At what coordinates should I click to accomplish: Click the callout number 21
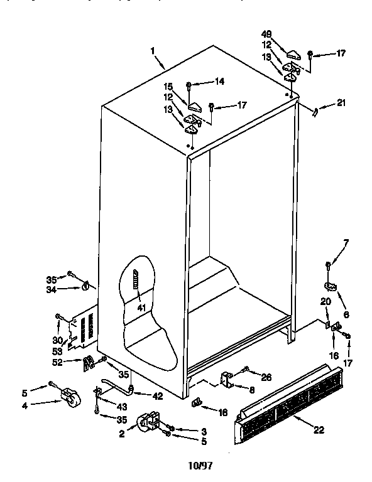pyautogui.click(x=341, y=103)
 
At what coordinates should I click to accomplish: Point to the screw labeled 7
pyautogui.click(x=329, y=265)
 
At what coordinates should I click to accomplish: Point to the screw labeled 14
pyautogui.click(x=189, y=84)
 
